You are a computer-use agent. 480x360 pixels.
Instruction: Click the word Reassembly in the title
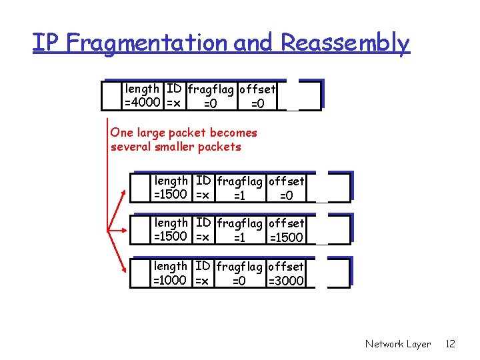(x=345, y=43)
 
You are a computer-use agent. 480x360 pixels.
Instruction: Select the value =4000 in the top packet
(x=142, y=103)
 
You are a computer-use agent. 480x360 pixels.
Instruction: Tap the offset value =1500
(x=286, y=238)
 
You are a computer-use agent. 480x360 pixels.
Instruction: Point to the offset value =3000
(x=286, y=281)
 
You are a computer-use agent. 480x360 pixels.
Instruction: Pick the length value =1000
(x=171, y=281)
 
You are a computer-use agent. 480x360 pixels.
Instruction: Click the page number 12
(x=450, y=344)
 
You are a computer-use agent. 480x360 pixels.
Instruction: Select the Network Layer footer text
(x=398, y=344)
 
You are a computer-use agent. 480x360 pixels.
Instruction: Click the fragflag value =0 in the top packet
(x=209, y=103)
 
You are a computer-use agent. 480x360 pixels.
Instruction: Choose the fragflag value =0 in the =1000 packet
(x=239, y=281)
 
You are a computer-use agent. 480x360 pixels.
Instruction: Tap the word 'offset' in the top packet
(x=257, y=89)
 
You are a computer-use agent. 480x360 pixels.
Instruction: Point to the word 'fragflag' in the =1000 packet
(x=241, y=267)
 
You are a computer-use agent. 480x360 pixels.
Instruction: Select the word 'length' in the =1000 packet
(x=171, y=266)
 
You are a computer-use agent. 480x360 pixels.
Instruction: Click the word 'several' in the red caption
(x=131, y=147)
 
